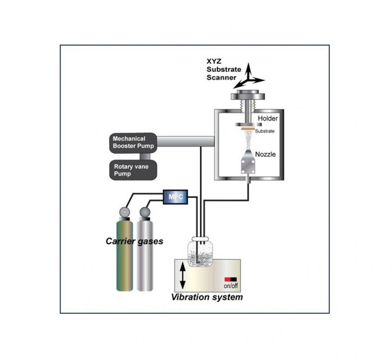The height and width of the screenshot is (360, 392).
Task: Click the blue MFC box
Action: click(175, 196)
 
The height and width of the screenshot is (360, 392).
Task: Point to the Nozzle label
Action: click(266, 154)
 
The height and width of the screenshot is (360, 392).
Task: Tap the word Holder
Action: click(268, 118)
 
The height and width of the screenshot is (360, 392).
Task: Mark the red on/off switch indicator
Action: click(227, 279)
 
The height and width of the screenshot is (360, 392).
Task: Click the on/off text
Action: click(231, 286)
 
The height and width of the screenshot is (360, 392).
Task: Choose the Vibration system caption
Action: click(207, 297)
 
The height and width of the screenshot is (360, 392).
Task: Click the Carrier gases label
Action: click(134, 241)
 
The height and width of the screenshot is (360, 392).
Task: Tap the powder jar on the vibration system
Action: click(200, 255)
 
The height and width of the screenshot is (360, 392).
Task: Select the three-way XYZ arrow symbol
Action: click(250, 76)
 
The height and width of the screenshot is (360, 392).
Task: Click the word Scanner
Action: click(222, 77)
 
